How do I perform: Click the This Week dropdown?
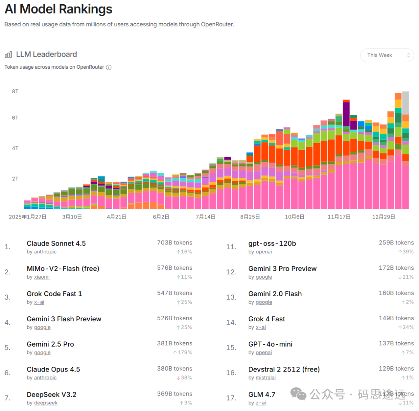coord(386,55)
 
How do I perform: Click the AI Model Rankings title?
coord(59,9)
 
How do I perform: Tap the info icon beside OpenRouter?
coord(109,68)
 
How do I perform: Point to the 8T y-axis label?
coord(15,91)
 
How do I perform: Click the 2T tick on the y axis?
coord(15,179)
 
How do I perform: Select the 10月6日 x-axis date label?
coord(294,217)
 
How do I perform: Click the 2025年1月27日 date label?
coord(28,217)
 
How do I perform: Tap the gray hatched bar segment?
coord(405,102)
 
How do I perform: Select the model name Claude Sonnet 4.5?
coord(56,243)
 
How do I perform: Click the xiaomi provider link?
coord(42,277)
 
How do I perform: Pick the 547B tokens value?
coord(175,293)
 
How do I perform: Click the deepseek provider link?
coord(46,403)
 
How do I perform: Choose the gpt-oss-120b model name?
coord(272,243)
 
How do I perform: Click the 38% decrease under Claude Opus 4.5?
coord(184,378)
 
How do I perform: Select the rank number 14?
coord(231,323)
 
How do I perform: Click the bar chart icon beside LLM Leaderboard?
coord(8,55)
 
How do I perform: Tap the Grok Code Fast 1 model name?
coord(54,294)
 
